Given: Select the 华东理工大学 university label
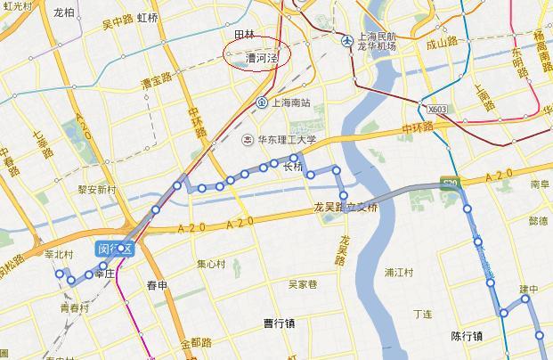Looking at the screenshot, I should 289,139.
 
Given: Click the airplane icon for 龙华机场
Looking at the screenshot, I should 345,40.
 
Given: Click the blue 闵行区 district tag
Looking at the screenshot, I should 115,250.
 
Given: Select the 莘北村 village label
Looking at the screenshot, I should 58,255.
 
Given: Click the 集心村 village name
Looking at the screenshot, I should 212,264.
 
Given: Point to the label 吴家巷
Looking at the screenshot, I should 303,285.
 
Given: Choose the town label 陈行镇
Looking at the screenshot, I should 467,337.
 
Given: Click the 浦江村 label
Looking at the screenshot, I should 400,272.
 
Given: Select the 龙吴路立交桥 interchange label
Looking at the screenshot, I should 346,208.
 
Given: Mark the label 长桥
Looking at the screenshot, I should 293,167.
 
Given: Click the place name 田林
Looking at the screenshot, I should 244,35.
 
